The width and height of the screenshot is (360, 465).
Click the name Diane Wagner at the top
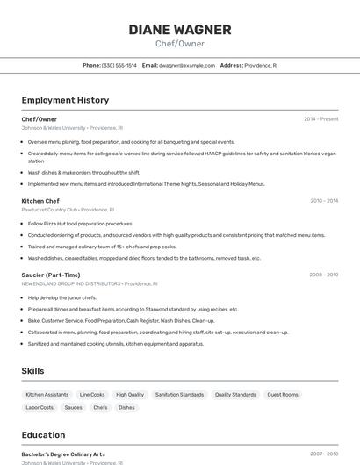[180, 30]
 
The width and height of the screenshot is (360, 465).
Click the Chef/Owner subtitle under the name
[180, 44]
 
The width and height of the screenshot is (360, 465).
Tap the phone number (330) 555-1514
[119, 65]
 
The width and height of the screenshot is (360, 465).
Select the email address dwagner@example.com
[186, 65]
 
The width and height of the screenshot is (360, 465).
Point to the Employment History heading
[65, 100]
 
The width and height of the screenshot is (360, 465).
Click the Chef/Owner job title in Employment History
[40, 119]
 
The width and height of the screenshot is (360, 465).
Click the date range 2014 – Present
[320, 119]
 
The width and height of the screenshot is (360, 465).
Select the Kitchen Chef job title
[40, 201]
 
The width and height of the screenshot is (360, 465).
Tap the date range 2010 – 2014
[323, 201]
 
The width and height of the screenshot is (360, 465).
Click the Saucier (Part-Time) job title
[51, 275]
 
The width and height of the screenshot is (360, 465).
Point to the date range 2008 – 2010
[323, 275]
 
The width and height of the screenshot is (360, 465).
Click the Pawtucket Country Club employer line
[68, 210]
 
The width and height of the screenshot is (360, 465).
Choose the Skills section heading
[33, 371]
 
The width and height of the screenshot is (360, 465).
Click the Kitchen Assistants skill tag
[47, 395]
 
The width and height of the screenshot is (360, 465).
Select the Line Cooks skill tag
[92, 395]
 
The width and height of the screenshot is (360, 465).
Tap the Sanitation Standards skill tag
[179, 395]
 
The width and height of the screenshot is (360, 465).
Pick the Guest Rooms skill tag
[283, 395]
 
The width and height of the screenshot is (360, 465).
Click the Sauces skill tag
[74, 407]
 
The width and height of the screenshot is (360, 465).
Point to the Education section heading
[43, 435]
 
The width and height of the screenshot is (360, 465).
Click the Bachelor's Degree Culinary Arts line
[63, 454]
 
